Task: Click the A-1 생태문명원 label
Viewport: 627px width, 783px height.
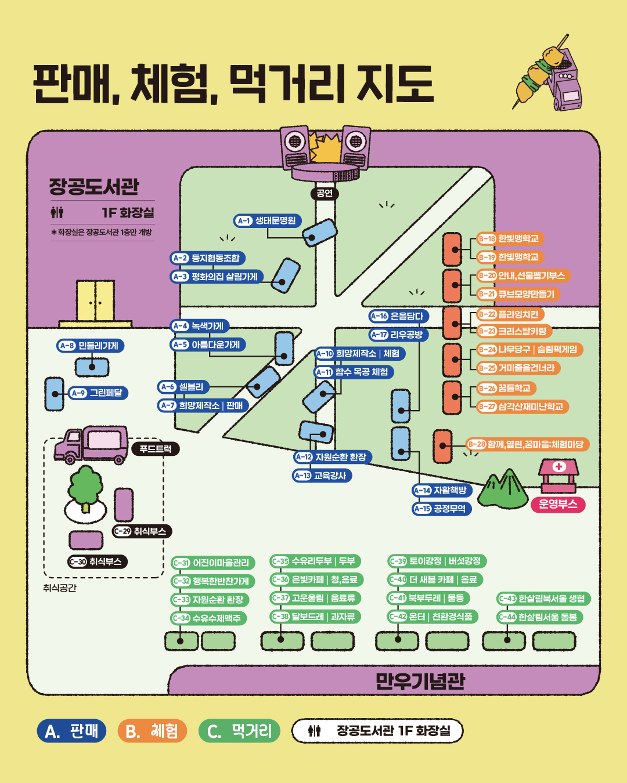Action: point(268,220)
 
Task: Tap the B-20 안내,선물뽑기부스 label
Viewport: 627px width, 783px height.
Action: point(522,275)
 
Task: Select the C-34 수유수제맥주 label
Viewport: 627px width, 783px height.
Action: point(209,618)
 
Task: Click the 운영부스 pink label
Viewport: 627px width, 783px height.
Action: point(558,504)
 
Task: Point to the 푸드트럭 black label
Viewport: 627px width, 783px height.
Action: point(156,449)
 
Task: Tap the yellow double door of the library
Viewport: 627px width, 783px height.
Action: point(96,301)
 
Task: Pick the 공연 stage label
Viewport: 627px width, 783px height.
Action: point(325,193)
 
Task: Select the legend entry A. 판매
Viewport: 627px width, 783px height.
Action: point(71,731)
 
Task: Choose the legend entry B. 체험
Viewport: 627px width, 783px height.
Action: point(152,731)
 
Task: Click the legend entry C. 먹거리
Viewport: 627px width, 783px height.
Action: point(239,731)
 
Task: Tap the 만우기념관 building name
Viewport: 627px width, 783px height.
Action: point(420,681)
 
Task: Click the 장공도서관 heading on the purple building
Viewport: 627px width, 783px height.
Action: point(94,186)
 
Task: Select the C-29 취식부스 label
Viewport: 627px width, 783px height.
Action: point(142,531)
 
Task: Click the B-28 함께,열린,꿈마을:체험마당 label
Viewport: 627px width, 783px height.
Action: point(528,444)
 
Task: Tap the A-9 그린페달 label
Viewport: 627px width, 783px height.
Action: point(98,393)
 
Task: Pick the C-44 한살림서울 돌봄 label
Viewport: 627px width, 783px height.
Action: point(540,617)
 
